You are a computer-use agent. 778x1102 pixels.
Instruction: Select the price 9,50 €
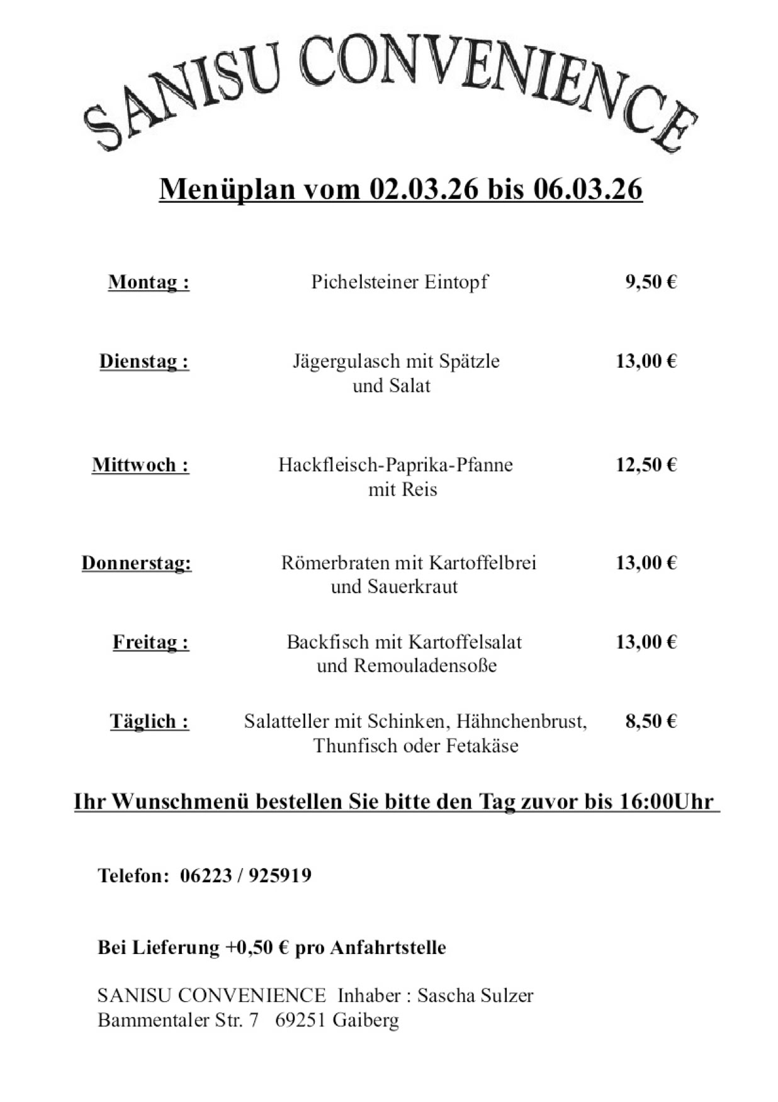pyautogui.click(x=650, y=281)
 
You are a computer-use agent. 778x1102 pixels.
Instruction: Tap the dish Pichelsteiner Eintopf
pyautogui.click(x=399, y=281)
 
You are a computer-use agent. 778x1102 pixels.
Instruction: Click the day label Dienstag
pyautogui.click(x=144, y=361)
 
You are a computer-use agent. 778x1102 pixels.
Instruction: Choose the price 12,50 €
pyautogui.click(x=646, y=465)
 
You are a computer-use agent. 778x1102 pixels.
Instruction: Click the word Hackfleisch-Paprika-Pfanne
pyautogui.click(x=395, y=465)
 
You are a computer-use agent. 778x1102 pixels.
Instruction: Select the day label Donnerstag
pyautogui.click(x=137, y=562)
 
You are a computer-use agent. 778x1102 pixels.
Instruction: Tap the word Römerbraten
pyautogui.click(x=335, y=562)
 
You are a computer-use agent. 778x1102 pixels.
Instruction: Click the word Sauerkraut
pyautogui.click(x=413, y=587)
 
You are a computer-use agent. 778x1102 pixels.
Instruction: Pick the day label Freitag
pyautogui.click(x=150, y=642)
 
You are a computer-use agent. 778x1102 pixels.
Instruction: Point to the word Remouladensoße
pyautogui.click(x=425, y=666)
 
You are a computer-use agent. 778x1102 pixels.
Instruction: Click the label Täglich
pyautogui.click(x=149, y=721)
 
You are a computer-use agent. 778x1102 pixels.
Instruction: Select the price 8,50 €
pyautogui.click(x=650, y=721)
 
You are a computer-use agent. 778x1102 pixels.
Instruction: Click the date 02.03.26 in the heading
pyautogui.click(x=424, y=189)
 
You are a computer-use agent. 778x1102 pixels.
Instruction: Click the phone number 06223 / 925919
pyautogui.click(x=245, y=875)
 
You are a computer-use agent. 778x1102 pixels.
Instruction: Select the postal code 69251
pyautogui.click(x=300, y=1020)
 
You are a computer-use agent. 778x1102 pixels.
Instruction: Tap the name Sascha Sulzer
pyautogui.click(x=475, y=996)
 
